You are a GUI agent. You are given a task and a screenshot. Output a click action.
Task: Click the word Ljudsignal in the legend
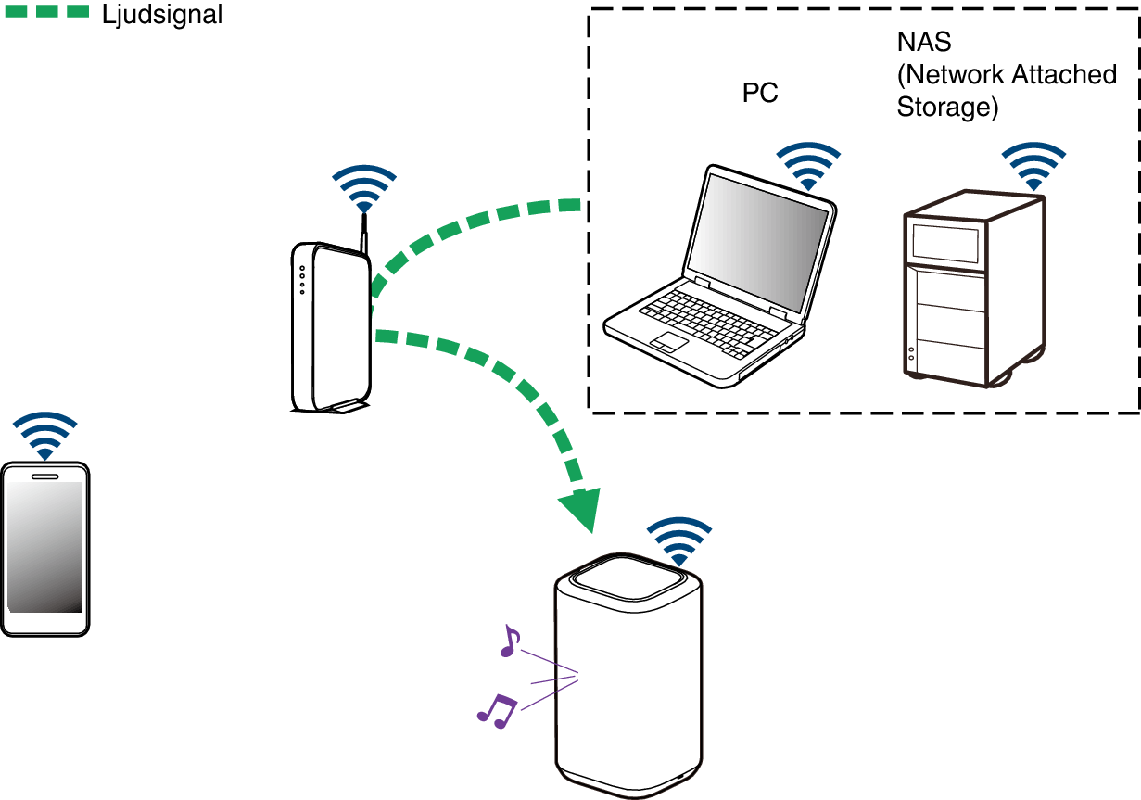pos(162,15)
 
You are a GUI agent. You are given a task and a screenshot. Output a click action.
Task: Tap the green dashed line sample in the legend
pos(47,11)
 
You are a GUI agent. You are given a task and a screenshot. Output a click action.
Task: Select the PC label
pos(760,93)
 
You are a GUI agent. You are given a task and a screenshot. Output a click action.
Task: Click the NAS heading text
pos(924,42)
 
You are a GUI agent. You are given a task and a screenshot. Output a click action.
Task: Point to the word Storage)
pos(947,108)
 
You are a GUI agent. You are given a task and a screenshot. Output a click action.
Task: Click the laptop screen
pos(757,243)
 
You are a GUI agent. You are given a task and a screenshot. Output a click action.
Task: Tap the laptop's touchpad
pos(669,342)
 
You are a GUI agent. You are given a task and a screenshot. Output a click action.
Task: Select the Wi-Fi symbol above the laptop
pos(808,166)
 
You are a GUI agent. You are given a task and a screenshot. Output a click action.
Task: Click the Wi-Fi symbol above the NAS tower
pos(1033,166)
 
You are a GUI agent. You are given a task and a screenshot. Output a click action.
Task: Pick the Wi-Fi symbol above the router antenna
pos(364,189)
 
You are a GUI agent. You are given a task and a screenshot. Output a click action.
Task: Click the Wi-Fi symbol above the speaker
pos(679,541)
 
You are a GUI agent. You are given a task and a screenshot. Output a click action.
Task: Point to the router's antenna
pos(364,233)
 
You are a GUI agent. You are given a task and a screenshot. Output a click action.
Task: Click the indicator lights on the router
pos(302,280)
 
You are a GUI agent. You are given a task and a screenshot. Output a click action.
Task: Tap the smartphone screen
pos(44,547)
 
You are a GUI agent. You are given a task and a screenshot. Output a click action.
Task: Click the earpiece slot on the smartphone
pos(44,476)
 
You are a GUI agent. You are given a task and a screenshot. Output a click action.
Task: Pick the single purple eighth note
pos(510,641)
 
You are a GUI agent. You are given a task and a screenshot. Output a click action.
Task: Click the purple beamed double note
pos(497,711)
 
